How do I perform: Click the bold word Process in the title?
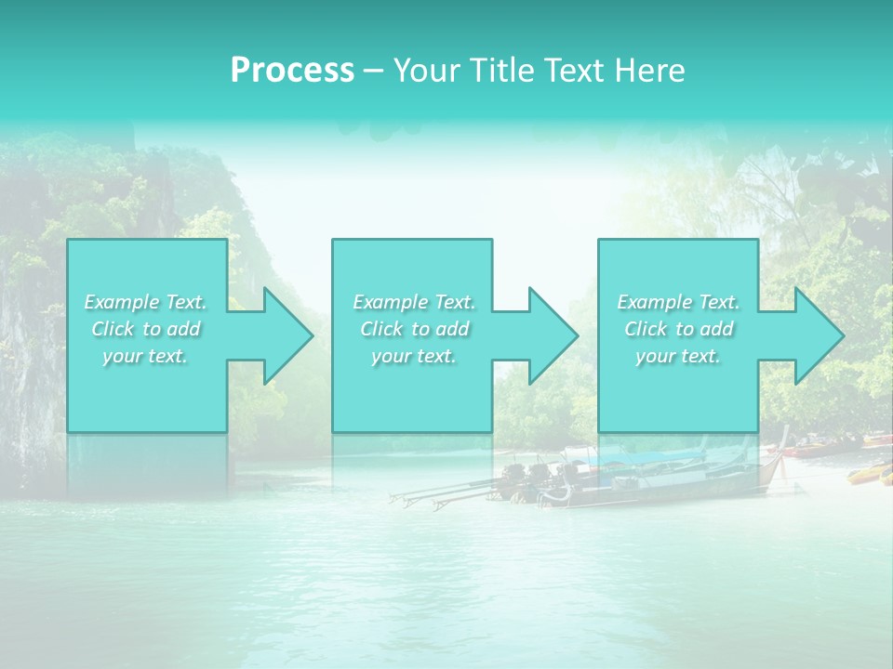292,71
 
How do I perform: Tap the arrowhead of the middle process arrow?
552,335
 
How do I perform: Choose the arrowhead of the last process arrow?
817,335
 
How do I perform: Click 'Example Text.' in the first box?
145,302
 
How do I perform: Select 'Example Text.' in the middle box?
414,302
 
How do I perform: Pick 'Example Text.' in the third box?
678,302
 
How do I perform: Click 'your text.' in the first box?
145,356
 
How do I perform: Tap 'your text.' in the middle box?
414,356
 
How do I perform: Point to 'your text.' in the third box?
678,356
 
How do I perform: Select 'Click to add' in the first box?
145,329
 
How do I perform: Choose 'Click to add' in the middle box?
414,329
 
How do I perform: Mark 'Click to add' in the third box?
678,329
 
